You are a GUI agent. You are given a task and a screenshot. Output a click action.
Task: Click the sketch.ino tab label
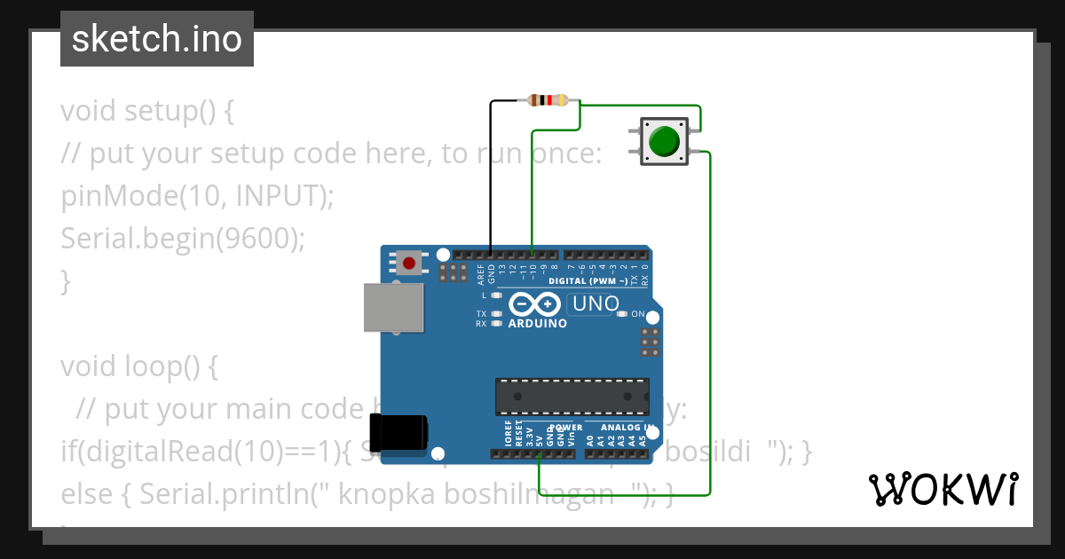click(x=157, y=39)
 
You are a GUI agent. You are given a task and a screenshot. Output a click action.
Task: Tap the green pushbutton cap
click(x=664, y=141)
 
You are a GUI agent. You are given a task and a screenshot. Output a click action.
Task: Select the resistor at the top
click(x=548, y=100)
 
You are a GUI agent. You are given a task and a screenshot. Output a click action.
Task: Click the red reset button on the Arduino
click(x=409, y=263)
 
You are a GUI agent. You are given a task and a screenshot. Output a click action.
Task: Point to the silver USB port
click(x=394, y=307)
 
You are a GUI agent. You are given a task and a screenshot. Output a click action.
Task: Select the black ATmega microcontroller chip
click(x=572, y=397)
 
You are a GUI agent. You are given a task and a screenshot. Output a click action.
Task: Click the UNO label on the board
click(x=596, y=304)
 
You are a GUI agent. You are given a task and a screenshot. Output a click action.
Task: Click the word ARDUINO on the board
click(x=537, y=324)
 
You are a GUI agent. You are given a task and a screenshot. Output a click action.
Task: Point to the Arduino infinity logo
click(x=534, y=305)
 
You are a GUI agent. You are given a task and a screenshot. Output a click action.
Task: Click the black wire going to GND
click(x=491, y=177)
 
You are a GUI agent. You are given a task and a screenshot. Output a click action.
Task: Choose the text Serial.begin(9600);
click(x=182, y=239)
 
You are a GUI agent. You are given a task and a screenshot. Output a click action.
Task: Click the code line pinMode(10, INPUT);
click(x=197, y=196)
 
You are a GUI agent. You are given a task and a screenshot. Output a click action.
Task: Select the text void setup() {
click(x=147, y=112)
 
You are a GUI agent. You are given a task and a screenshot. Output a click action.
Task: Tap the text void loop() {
click(x=138, y=366)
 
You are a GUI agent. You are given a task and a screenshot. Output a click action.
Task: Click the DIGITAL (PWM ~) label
click(x=588, y=281)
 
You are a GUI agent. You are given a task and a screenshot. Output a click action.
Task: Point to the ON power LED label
click(x=637, y=314)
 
